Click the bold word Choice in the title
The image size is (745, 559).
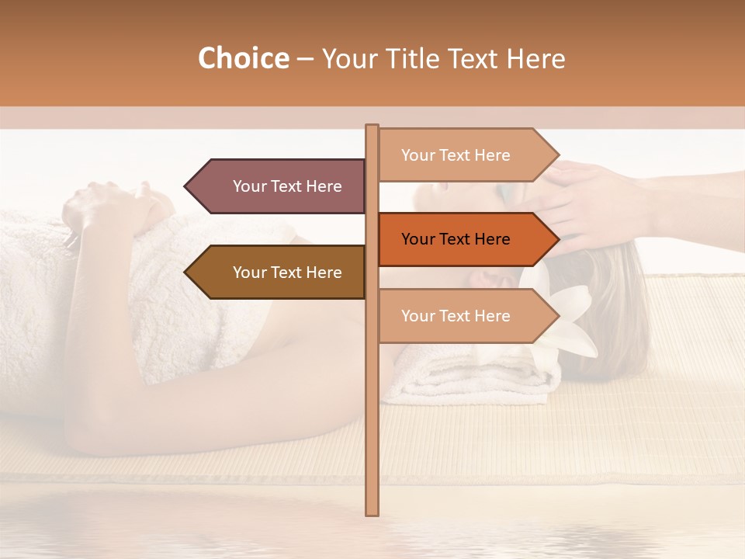pos(243,58)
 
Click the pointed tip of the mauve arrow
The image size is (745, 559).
pos(186,186)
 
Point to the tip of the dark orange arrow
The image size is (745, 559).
pos(557,239)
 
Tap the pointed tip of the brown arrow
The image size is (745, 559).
pos(186,273)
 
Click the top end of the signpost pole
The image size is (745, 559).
pos(372,127)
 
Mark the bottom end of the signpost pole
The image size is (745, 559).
pos(372,513)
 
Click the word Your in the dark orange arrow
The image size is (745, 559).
pos(418,239)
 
